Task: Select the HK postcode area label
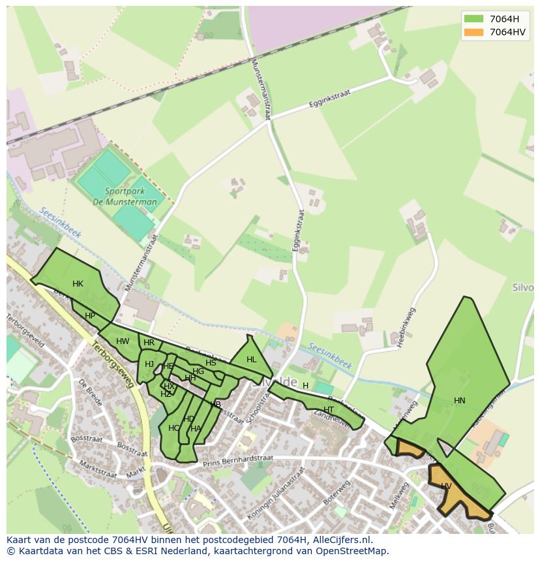click(x=78, y=284)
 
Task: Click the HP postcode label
click(x=90, y=316)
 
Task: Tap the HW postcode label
click(x=123, y=341)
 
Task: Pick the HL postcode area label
click(x=252, y=360)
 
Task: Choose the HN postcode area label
click(x=460, y=401)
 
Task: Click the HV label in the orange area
click(x=446, y=486)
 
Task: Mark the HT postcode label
click(x=329, y=410)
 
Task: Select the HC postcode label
click(x=173, y=428)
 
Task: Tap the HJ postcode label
click(x=149, y=364)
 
